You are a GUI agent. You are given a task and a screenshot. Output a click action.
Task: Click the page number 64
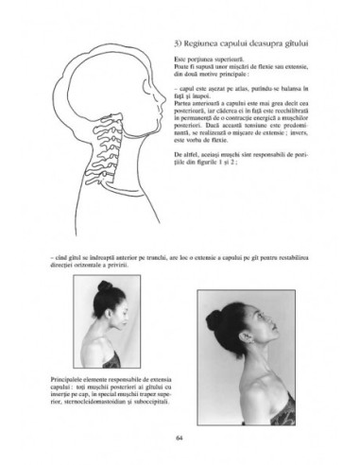tap(180, 436)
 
